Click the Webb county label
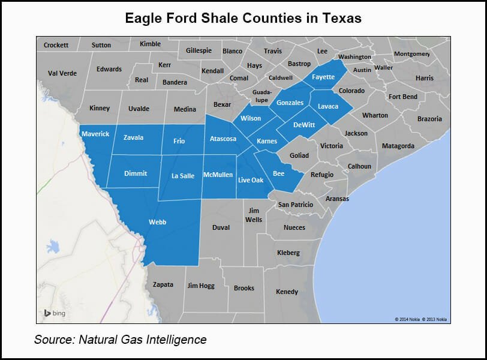tap(157, 222)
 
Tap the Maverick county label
tap(95, 134)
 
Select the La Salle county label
tap(183, 176)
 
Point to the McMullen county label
tap(218, 175)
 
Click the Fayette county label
tap(324, 77)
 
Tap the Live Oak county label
tap(251, 179)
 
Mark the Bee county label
tap(278, 173)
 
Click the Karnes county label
tap(267, 141)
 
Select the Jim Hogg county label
tap(201, 286)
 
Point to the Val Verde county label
tap(62, 73)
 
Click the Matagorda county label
tap(398, 146)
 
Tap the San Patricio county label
tap(295, 205)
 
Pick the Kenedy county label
tap(287, 292)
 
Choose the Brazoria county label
tap(429, 119)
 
